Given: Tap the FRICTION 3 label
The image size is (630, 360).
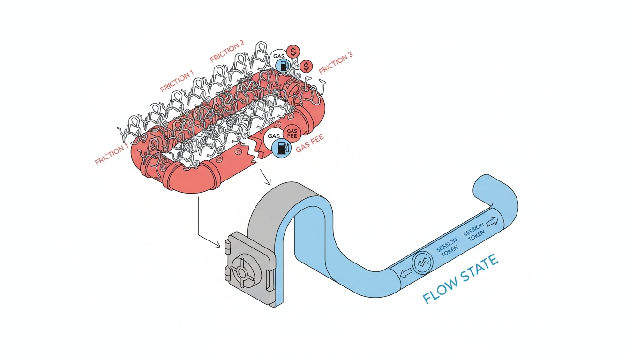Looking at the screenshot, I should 336,63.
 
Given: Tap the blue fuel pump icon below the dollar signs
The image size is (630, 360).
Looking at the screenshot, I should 284,66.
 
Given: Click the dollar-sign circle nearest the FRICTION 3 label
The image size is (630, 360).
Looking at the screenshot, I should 306,67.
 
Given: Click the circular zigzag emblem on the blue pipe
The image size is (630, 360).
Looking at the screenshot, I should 420,263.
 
